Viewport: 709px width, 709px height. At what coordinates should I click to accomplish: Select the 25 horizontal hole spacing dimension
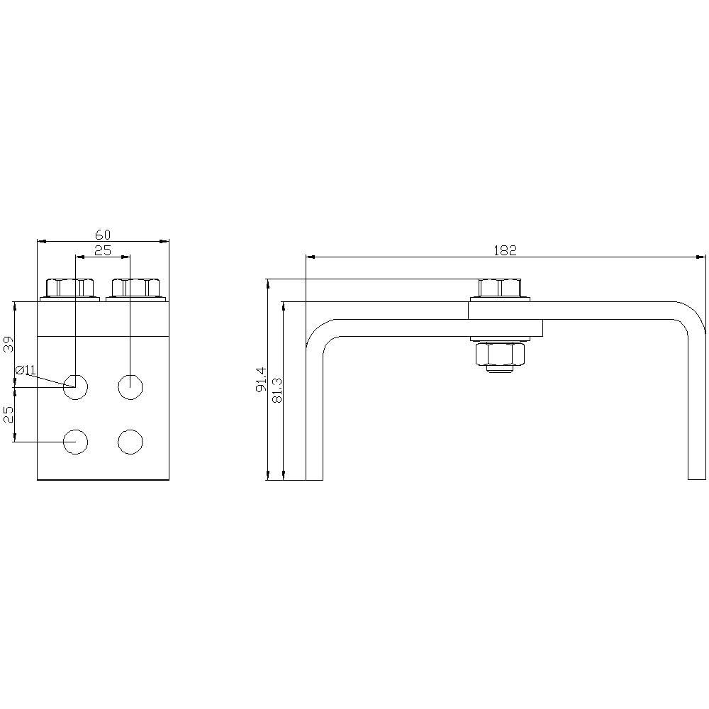pyautogui.click(x=103, y=250)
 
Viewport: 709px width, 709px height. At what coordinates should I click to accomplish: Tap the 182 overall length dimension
pyautogui.click(x=505, y=250)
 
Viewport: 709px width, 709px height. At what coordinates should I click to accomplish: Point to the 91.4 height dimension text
pyautogui.click(x=261, y=379)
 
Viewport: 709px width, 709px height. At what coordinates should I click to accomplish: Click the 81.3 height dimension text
pyautogui.click(x=277, y=390)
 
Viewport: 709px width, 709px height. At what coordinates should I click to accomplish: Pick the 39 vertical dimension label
pyautogui.click(x=9, y=345)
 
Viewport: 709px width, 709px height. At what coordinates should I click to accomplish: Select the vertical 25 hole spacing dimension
pyautogui.click(x=9, y=414)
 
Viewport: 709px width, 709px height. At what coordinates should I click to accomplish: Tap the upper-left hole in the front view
pyautogui.click(x=74, y=386)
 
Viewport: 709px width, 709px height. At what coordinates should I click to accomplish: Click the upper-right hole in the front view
pyautogui.click(x=130, y=386)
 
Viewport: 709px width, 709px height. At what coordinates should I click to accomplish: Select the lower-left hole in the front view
pyautogui.click(x=74, y=442)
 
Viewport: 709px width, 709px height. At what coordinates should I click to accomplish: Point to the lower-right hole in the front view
pyautogui.click(x=130, y=442)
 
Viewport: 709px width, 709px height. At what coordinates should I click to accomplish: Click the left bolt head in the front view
pyautogui.click(x=70, y=288)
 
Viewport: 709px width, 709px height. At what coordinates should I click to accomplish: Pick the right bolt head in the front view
pyautogui.click(x=135, y=288)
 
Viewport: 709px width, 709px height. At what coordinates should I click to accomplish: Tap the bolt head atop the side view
pyautogui.click(x=500, y=288)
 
